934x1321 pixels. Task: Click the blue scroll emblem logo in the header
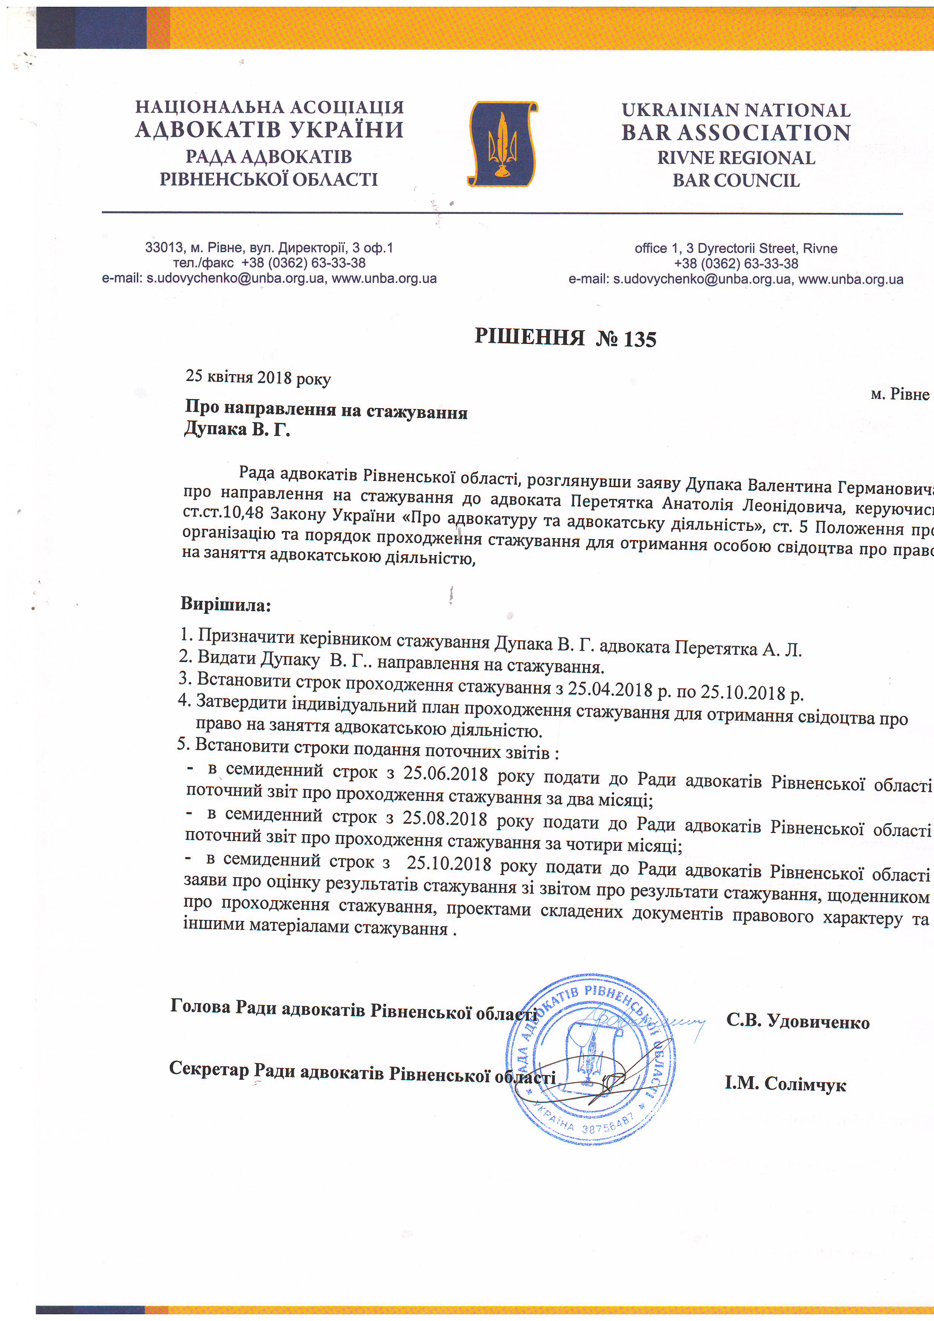[502, 144]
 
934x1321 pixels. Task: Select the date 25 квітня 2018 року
[258, 377]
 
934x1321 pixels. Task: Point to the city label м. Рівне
[899, 394]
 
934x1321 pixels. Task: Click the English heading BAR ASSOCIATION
[736, 133]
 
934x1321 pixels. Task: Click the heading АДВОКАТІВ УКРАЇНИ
[269, 130]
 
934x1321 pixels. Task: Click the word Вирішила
[225, 604]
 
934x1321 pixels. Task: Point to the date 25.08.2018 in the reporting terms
[444, 818]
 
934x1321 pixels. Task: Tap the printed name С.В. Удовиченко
[798, 1022]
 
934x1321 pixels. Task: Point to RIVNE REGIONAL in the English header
[736, 158]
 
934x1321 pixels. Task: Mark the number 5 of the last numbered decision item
[182, 744]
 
